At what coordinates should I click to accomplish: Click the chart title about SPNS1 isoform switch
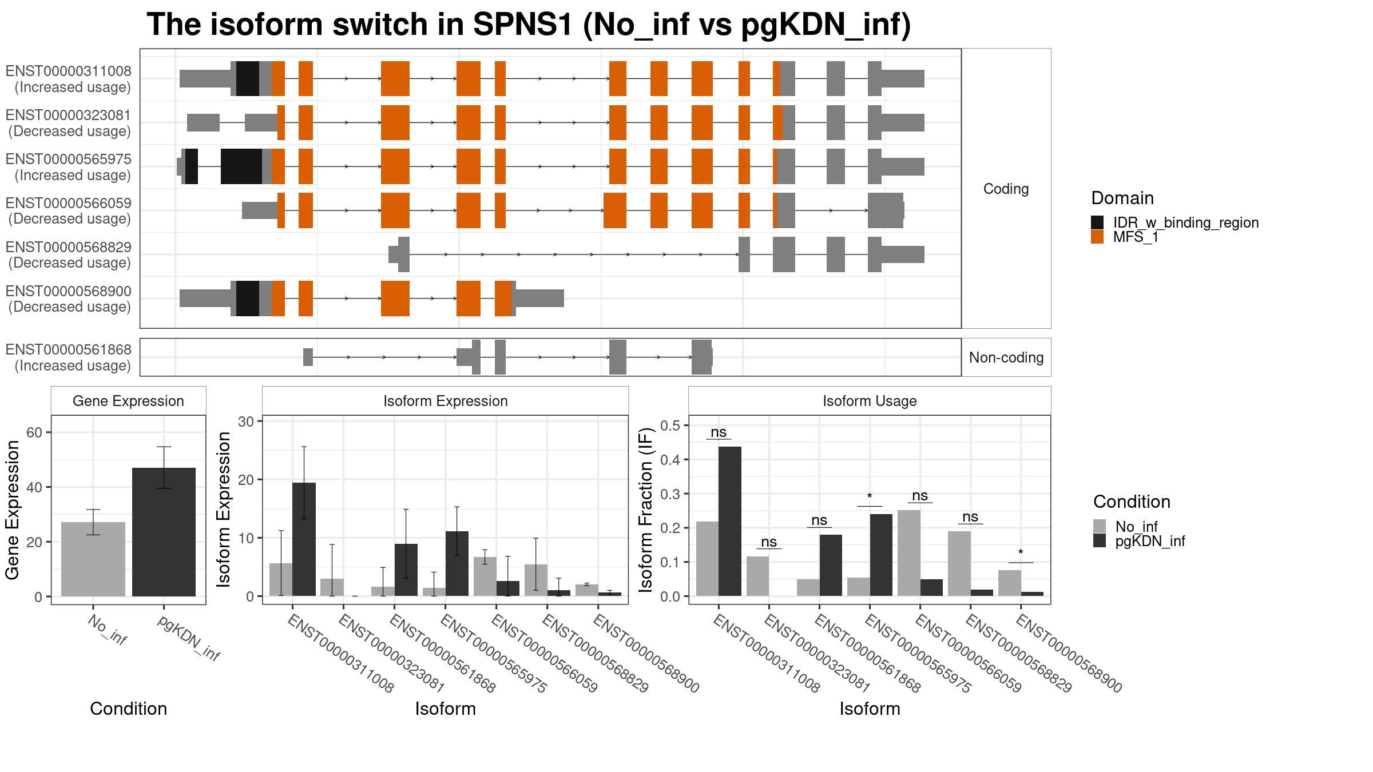[529, 25]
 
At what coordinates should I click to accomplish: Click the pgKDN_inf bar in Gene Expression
[164, 532]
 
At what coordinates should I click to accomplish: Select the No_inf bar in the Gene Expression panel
[93, 559]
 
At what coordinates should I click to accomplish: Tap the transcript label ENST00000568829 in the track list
[69, 248]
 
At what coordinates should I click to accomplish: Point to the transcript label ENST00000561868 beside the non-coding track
[69, 349]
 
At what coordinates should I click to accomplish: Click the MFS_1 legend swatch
[1097, 237]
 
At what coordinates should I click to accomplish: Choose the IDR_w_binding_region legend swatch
[1097, 222]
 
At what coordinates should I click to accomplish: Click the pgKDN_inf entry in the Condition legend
[1150, 541]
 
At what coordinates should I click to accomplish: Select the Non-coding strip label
[1006, 357]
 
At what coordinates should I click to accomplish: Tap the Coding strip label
[1006, 189]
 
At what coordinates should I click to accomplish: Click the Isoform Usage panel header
[870, 401]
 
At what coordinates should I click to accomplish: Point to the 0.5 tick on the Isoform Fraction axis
[672, 425]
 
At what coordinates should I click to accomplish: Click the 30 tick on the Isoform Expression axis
[247, 421]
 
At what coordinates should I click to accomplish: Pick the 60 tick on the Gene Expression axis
[34, 432]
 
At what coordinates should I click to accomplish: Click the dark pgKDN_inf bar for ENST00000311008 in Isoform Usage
[730, 522]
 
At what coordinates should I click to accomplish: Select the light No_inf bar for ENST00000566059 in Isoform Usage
[908, 554]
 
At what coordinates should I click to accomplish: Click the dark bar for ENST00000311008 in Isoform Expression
[304, 539]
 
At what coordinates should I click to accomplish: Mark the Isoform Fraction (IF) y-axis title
[646, 510]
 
